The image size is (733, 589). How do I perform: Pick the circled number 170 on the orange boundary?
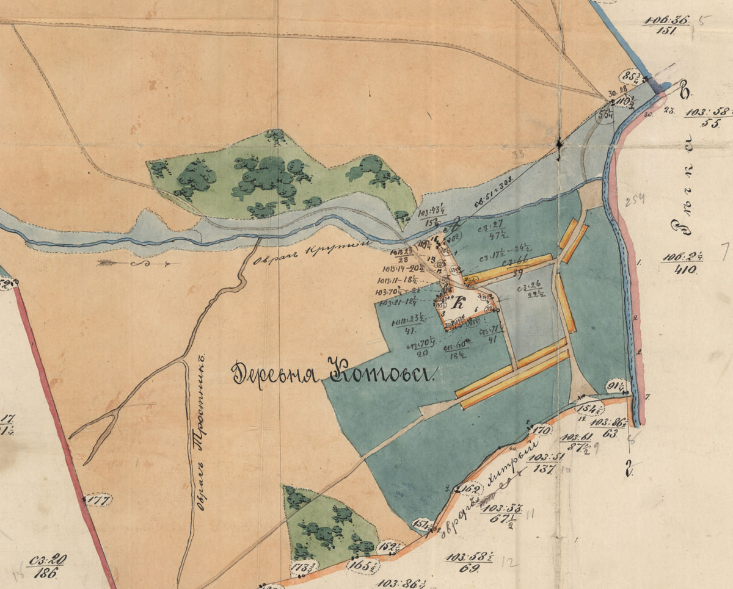(x=541, y=430)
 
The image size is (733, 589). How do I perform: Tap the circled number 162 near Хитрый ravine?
(x=470, y=488)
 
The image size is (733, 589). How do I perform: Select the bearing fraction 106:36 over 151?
(x=666, y=26)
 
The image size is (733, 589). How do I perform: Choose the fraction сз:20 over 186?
(x=46, y=566)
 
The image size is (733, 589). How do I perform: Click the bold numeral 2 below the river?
(x=628, y=469)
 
